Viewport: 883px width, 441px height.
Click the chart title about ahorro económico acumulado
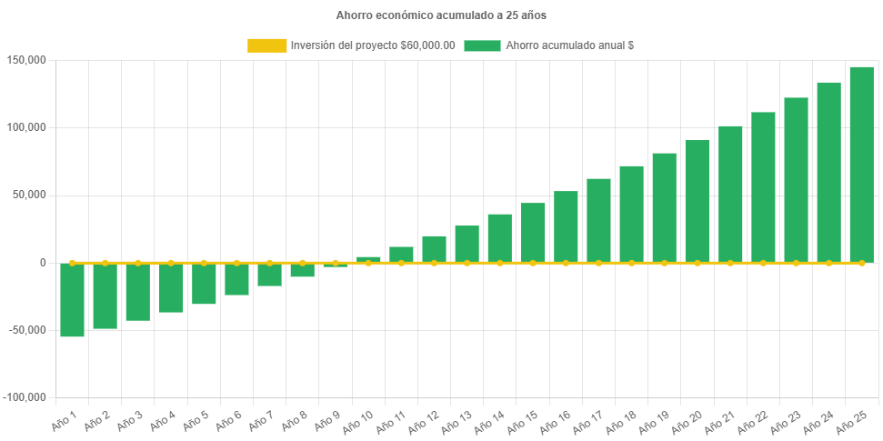point(441,15)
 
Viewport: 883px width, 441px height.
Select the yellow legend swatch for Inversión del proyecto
point(266,45)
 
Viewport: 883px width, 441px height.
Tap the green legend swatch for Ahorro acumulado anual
point(482,45)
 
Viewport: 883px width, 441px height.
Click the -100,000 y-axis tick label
point(25,397)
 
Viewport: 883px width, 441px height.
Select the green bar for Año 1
point(72,300)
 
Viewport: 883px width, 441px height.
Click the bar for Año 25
point(861,165)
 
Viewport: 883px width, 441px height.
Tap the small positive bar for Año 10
point(368,259)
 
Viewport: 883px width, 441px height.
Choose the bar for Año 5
point(204,284)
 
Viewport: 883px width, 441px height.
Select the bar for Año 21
point(730,194)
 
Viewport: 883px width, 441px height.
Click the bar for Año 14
point(499,238)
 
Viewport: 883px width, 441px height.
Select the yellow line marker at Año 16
point(566,263)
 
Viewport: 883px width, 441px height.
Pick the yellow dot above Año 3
point(138,263)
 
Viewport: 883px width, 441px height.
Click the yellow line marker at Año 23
point(796,263)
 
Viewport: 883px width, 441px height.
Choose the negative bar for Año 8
point(302,270)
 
